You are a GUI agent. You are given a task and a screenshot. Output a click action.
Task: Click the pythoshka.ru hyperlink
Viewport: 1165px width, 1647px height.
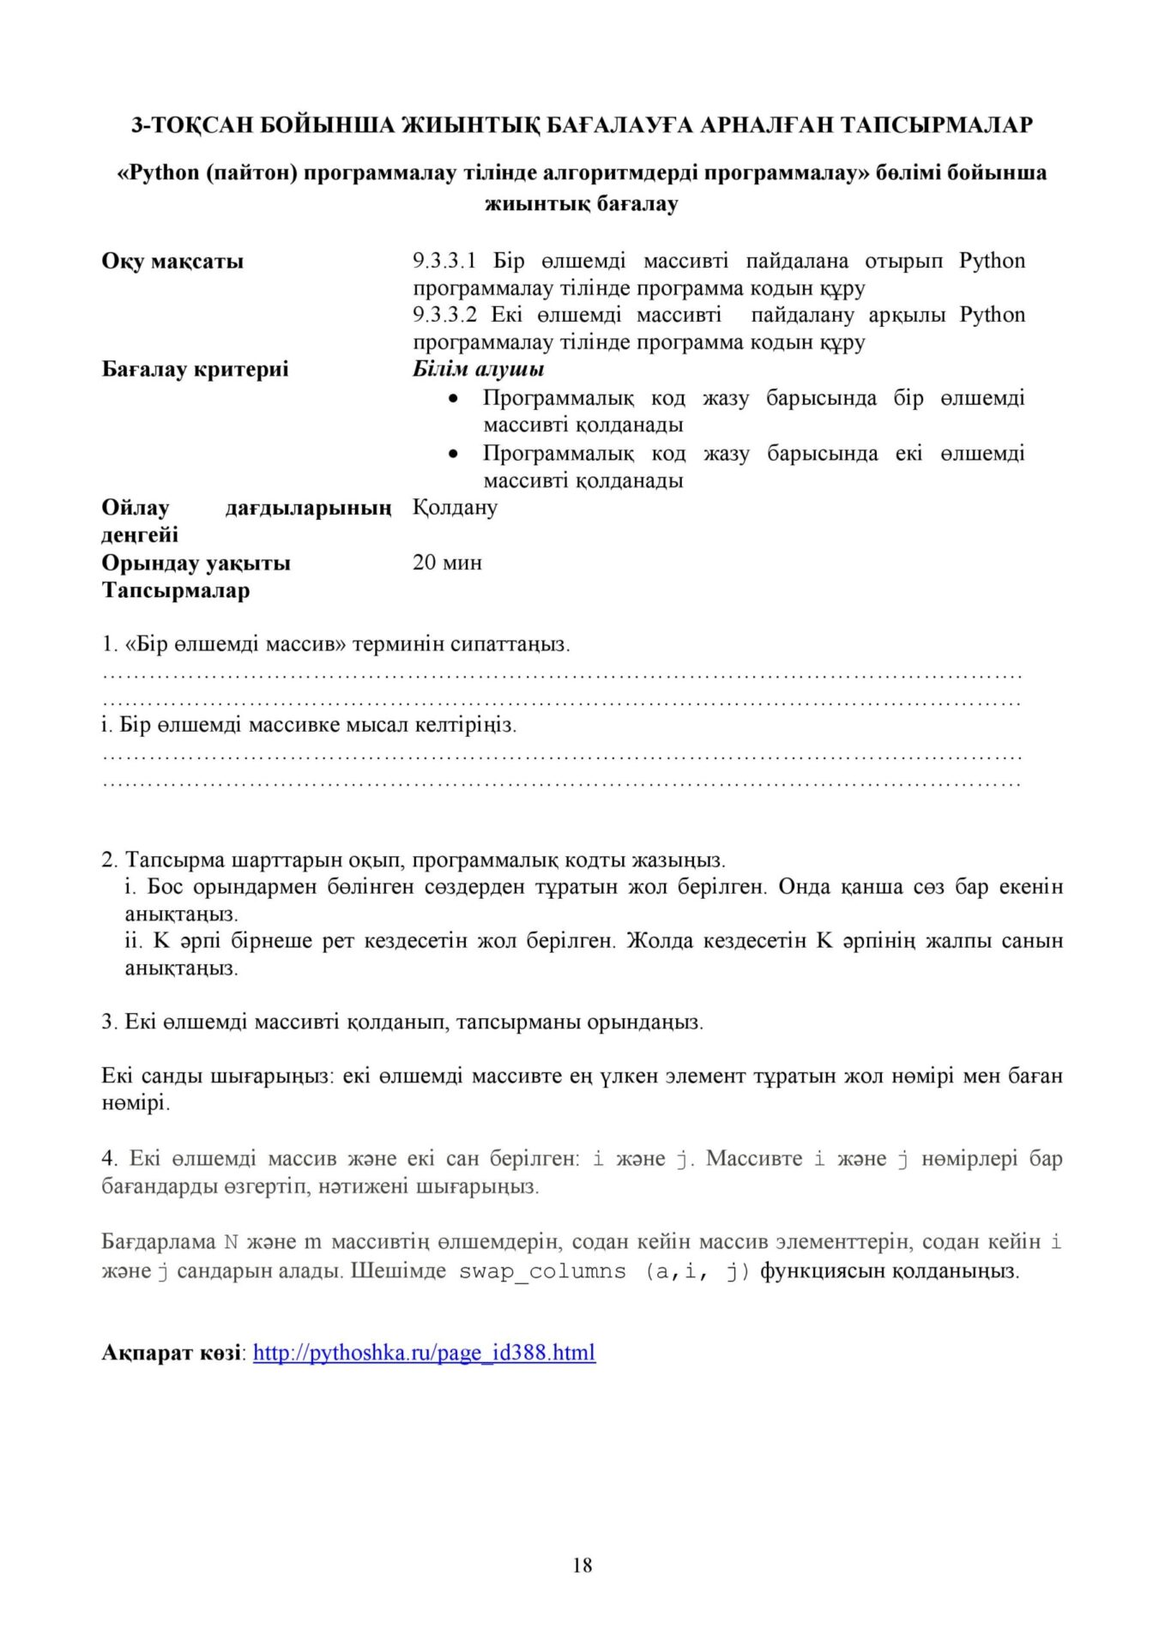tap(424, 1353)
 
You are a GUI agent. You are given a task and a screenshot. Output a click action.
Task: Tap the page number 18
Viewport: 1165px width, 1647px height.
tap(582, 1566)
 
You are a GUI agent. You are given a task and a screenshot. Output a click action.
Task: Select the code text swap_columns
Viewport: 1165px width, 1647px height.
tap(542, 1271)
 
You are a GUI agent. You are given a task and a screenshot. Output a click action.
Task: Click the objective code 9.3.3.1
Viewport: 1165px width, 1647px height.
tap(444, 261)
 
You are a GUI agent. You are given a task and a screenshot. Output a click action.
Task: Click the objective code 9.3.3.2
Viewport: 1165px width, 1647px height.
tap(444, 315)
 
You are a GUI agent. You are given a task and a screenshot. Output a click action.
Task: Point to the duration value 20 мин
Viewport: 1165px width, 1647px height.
tap(447, 563)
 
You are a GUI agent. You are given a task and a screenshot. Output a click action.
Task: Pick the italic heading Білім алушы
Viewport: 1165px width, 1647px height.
tap(478, 370)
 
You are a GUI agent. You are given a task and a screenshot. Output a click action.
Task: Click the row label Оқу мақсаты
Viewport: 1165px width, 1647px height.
tap(172, 261)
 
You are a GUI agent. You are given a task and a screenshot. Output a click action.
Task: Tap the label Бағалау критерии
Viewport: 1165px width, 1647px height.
tap(195, 370)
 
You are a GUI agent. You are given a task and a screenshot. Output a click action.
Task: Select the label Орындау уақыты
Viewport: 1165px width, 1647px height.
tap(196, 564)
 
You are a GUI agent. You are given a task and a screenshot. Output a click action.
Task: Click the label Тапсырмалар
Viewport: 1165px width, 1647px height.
tap(176, 591)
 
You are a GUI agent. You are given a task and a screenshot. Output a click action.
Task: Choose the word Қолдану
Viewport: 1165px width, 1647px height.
tap(455, 508)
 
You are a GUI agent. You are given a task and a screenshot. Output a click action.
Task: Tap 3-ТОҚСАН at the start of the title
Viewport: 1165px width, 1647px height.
tap(190, 125)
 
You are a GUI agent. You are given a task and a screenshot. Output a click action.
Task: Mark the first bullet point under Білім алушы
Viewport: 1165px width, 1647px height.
tap(454, 399)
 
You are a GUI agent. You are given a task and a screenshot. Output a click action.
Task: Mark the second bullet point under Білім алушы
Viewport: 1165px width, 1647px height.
tap(454, 454)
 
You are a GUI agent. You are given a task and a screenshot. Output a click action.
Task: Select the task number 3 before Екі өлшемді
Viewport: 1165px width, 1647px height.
tap(108, 1023)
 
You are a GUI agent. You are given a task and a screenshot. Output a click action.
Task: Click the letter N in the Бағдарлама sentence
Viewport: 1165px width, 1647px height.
tap(231, 1243)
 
